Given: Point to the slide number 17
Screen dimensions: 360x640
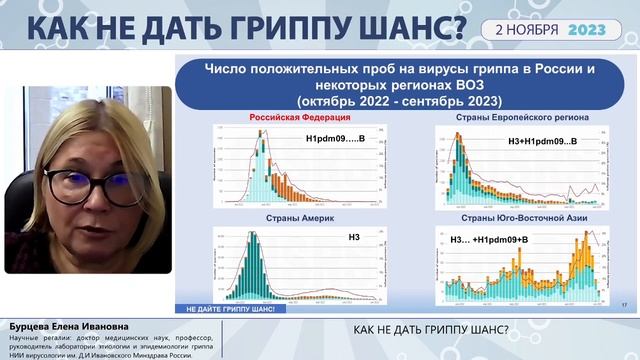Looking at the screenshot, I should [624, 303].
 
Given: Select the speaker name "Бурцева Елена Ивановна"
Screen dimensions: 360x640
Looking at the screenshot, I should [56, 327].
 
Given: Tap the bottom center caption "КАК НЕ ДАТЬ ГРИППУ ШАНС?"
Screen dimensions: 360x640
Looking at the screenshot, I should [432, 331].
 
